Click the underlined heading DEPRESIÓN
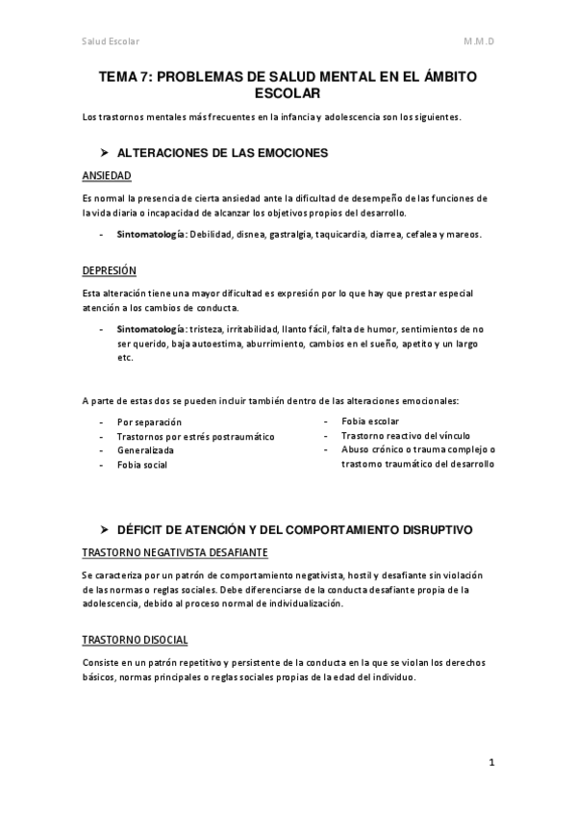[110, 270]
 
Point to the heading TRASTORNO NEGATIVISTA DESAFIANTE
[174, 553]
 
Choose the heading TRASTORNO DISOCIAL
[135, 640]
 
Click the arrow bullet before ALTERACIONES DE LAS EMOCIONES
[106, 153]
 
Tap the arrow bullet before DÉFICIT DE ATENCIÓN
[106, 530]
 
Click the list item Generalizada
[145, 450]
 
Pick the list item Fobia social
[142, 465]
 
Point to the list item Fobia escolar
[370, 421]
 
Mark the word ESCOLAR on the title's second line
[287, 93]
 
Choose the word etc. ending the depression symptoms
[124, 357]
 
